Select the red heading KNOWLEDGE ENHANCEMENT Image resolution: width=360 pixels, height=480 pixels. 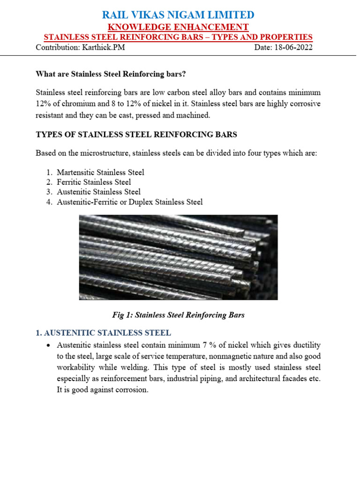pyautogui.click(x=179, y=27)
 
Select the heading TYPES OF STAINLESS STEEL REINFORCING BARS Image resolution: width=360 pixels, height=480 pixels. pyautogui.click(x=136, y=135)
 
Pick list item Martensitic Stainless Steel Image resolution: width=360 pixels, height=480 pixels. pyautogui.click(x=100, y=172)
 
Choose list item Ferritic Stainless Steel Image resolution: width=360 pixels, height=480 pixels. pyautogui.click(x=94, y=182)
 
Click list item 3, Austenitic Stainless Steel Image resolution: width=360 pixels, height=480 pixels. pyautogui.click(x=98, y=192)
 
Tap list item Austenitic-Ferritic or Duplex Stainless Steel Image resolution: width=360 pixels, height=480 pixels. pyautogui.click(x=130, y=202)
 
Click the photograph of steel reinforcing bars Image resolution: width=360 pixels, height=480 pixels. pyautogui.click(x=178, y=257)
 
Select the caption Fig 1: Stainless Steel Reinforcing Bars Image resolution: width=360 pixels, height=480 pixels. pyautogui.click(x=178, y=315)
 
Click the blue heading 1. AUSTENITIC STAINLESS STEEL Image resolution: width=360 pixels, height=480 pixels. pyautogui.click(x=104, y=333)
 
